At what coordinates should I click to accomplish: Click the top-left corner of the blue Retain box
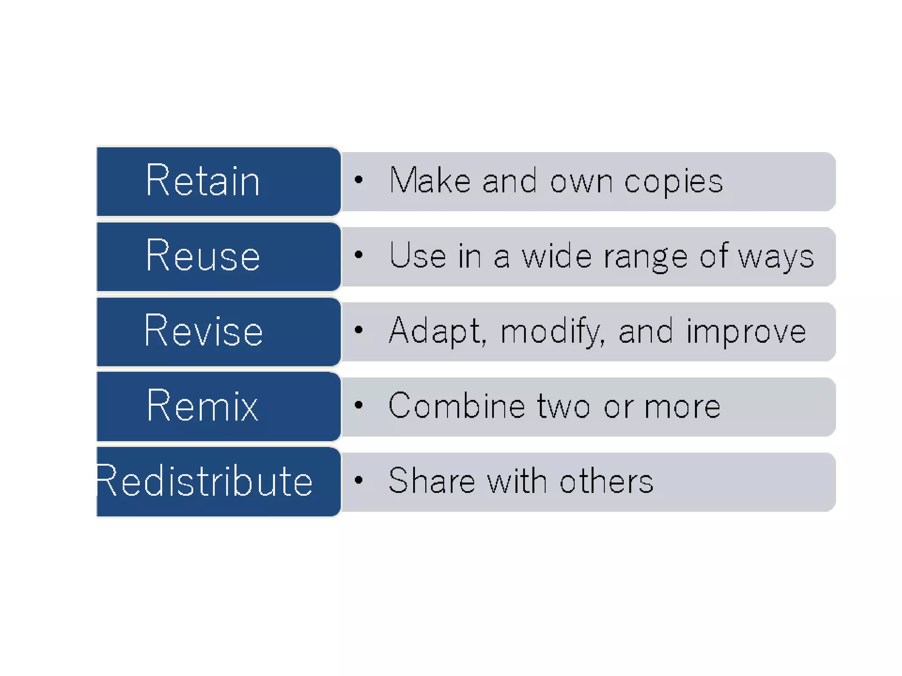(x=97, y=147)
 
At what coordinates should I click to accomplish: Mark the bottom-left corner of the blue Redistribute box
(x=97, y=516)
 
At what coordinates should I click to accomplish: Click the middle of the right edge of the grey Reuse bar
(x=835, y=257)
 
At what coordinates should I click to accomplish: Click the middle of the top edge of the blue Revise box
(x=219, y=298)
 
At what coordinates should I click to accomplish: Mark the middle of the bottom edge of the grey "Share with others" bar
(x=588, y=511)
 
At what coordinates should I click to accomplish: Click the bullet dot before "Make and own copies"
(x=359, y=180)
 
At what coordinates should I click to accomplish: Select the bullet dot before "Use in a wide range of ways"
(x=359, y=255)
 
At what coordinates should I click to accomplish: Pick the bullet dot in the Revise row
(x=359, y=330)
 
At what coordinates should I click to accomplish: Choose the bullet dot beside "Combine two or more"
(x=359, y=405)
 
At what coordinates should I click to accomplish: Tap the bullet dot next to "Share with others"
(x=359, y=480)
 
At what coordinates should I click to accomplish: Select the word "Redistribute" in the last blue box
(x=204, y=481)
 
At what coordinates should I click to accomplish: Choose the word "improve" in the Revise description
(x=746, y=333)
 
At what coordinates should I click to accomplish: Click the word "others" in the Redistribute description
(x=606, y=481)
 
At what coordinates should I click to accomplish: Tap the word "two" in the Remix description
(x=563, y=407)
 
